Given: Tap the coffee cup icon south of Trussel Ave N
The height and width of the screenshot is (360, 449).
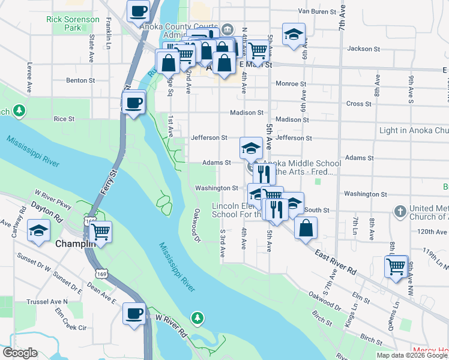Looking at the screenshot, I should tap(134, 313).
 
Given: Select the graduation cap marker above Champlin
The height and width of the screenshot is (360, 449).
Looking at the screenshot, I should tap(38, 230).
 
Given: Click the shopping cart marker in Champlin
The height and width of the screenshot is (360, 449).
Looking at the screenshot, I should tap(100, 230).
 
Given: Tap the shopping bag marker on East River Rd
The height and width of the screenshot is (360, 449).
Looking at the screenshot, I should tap(306, 228).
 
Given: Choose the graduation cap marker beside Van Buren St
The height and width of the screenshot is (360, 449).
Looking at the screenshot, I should tap(294, 34).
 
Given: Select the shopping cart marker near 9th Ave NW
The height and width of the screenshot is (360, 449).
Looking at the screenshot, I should tap(396, 266).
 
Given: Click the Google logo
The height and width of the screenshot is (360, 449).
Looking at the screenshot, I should tap(20, 353).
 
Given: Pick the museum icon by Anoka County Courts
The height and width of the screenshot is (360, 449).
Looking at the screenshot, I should tap(227, 28).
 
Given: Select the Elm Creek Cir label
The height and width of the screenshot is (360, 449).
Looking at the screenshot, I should tap(71, 328).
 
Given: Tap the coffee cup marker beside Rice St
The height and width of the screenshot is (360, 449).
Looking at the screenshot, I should tap(134, 102).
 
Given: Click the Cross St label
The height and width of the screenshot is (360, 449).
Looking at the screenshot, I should tap(359, 104).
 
